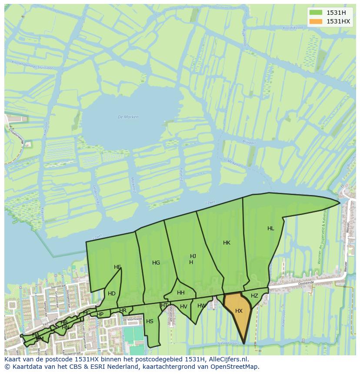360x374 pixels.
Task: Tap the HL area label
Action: point(271,228)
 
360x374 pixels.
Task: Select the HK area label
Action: point(227,243)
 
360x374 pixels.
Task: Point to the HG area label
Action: point(156,263)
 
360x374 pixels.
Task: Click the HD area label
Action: point(112,294)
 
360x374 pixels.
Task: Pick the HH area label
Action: point(181,293)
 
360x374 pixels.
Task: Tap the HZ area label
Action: point(254,296)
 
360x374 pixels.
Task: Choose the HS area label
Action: point(150,321)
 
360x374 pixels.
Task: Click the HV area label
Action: point(183,307)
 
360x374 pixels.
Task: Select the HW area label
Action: point(201,306)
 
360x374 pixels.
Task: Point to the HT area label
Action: point(164,305)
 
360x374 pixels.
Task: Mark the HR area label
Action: point(123,311)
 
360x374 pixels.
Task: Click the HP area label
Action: point(100,314)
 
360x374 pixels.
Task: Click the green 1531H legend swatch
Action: point(316,12)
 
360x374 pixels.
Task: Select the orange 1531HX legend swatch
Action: point(316,21)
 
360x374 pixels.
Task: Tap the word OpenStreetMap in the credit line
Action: point(234,367)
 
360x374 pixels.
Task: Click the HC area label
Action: point(87,313)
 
